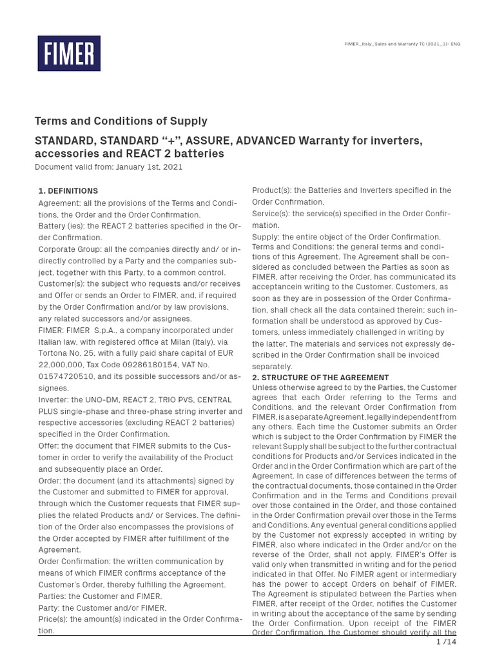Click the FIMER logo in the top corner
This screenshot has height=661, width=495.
coord(69,53)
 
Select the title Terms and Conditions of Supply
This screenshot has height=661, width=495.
coord(121,121)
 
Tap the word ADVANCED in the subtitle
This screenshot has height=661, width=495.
coord(264,141)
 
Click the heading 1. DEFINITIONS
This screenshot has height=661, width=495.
coord(68,191)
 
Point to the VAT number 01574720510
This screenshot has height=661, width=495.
coord(66,376)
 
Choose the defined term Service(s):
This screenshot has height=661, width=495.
coord(273,214)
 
